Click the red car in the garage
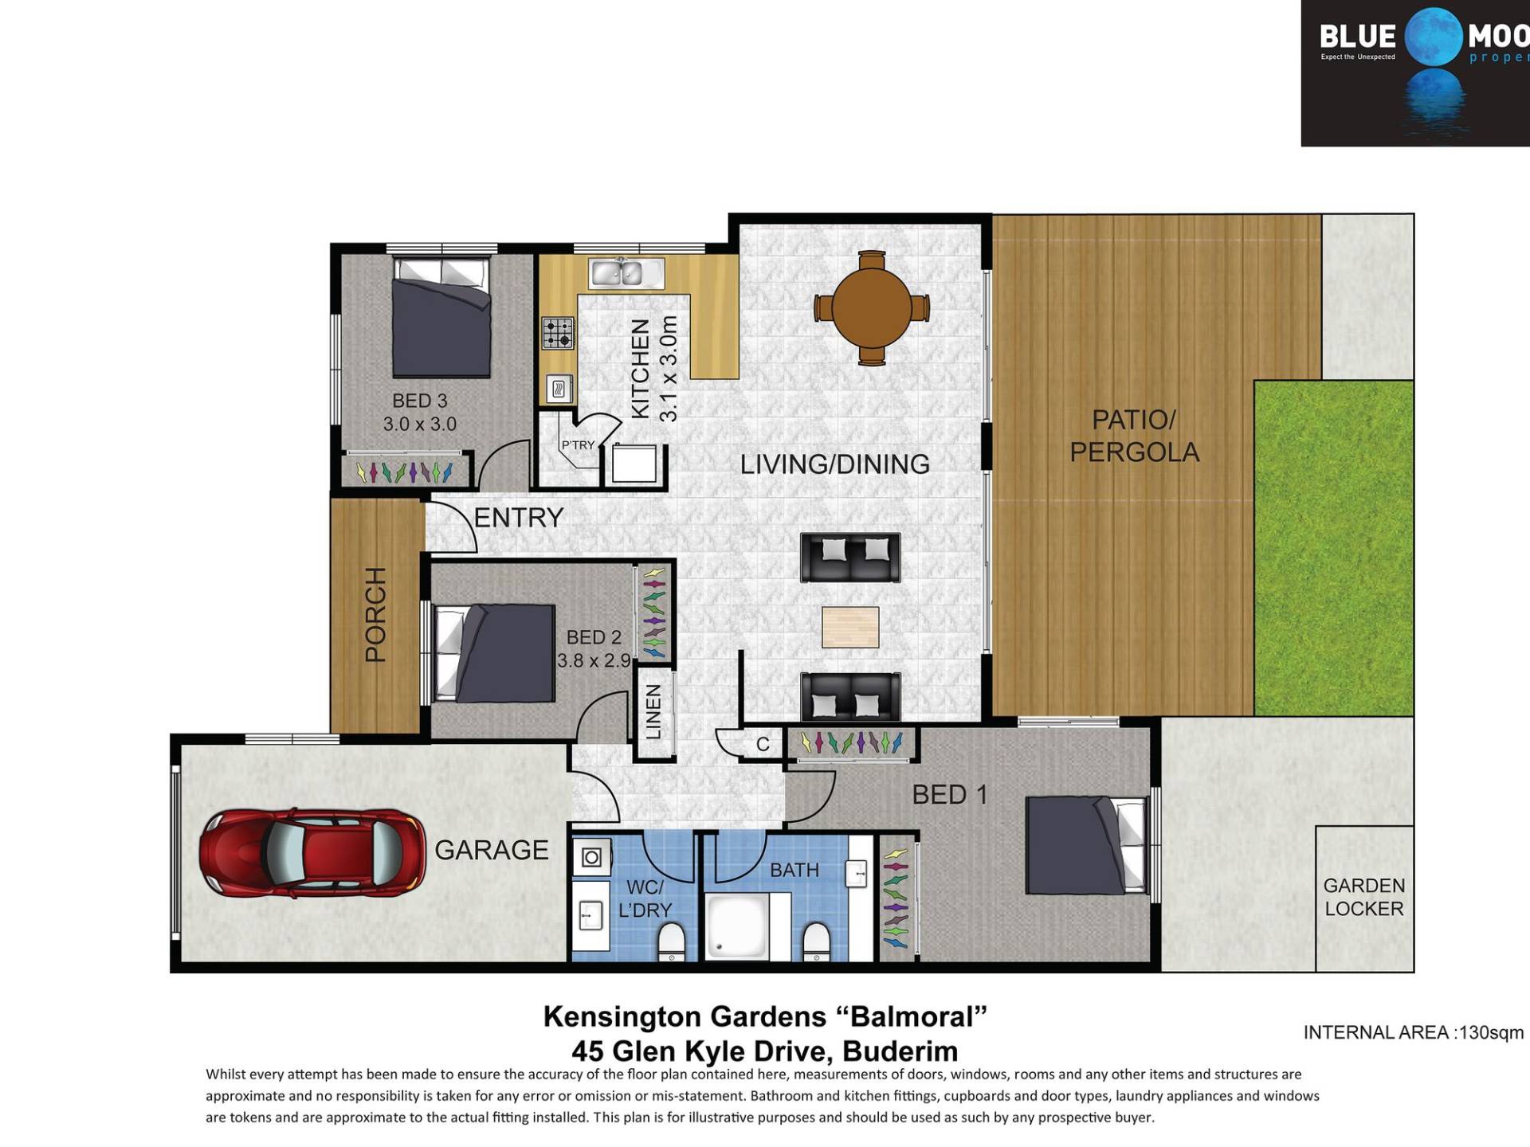pyautogui.click(x=312, y=855)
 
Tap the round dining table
pyautogui.click(x=872, y=307)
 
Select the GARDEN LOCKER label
pyautogui.click(x=1363, y=897)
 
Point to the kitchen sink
pyautogui.click(x=626, y=272)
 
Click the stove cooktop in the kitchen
pyautogui.click(x=558, y=333)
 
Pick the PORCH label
pyautogui.click(x=375, y=614)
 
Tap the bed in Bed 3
pyautogui.click(x=441, y=316)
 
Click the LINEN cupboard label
pyautogui.click(x=653, y=711)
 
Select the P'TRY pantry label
pyautogui.click(x=578, y=445)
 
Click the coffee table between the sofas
pyautogui.click(x=850, y=627)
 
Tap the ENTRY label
pyautogui.click(x=519, y=518)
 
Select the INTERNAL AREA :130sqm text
pyautogui.click(x=1414, y=1032)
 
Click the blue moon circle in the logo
pyautogui.click(x=1434, y=37)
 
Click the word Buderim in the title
pyautogui.click(x=900, y=1051)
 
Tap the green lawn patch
pyautogui.click(x=1333, y=548)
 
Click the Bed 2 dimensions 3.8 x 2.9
pyautogui.click(x=594, y=660)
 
